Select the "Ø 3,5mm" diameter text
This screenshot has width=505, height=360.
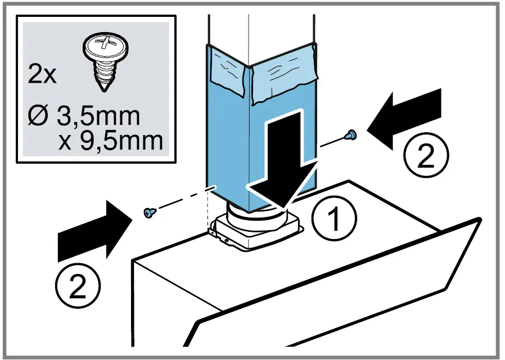coord(83,117)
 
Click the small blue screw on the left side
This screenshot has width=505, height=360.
coord(148,212)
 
